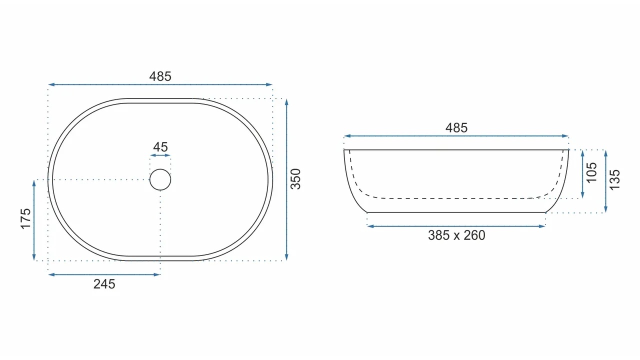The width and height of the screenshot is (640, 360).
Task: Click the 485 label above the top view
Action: tap(160, 76)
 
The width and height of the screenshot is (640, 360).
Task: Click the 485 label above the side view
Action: tap(456, 127)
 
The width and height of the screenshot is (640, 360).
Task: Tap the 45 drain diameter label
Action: tap(160, 147)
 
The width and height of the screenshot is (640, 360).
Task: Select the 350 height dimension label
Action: tap(295, 179)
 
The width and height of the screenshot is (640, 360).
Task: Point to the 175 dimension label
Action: tap(25, 219)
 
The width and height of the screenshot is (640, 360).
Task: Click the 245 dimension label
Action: tap(104, 284)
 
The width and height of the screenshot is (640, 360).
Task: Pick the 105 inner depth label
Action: tap(591, 172)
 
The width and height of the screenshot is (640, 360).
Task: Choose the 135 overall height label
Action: tap(615, 179)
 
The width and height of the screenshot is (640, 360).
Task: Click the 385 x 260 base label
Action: tap(456, 235)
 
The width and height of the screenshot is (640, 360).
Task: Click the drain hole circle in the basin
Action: tap(160, 169)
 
